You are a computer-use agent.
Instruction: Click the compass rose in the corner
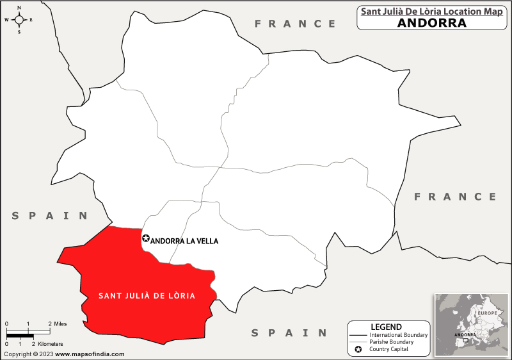pyautogui.click(x=19, y=19)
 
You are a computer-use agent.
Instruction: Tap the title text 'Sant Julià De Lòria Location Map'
pyautogui.click(x=431, y=11)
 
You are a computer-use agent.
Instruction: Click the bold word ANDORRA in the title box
pyautogui.click(x=431, y=23)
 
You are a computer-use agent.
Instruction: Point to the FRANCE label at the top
pyautogui.click(x=295, y=24)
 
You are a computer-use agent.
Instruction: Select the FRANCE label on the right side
pyautogui.click(x=455, y=197)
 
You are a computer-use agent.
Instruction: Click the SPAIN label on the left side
pyautogui.click(x=50, y=216)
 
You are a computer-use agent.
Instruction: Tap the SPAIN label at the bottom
pyautogui.click(x=289, y=333)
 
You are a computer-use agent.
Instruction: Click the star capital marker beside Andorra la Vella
pyautogui.click(x=145, y=239)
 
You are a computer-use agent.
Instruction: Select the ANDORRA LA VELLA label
pyautogui.click(x=184, y=241)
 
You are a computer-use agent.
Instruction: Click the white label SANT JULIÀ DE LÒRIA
pyautogui.click(x=147, y=296)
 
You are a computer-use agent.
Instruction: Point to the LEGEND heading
pyautogui.click(x=386, y=327)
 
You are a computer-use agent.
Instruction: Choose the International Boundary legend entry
pyautogui.click(x=398, y=335)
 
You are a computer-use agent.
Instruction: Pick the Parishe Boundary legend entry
pyautogui.click(x=392, y=342)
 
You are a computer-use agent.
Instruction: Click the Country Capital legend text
pyautogui.click(x=389, y=350)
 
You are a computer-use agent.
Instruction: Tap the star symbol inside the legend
pyautogui.click(x=358, y=350)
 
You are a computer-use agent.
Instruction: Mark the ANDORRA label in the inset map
pyautogui.click(x=465, y=335)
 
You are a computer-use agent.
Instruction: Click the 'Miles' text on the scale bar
pyautogui.click(x=60, y=323)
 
